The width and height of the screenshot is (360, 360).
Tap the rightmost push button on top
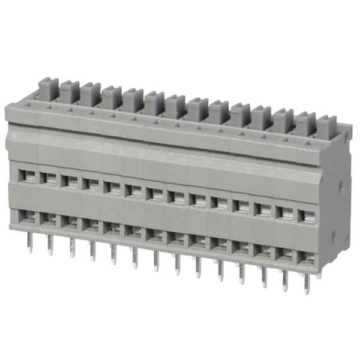click(326, 127)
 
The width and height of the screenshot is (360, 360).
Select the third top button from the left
click(91, 95)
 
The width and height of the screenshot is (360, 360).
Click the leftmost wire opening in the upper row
click(27, 175)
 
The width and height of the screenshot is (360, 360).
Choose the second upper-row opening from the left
click(49, 178)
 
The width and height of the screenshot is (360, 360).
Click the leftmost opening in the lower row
click(27, 217)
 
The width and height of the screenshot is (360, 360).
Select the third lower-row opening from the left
click(70, 223)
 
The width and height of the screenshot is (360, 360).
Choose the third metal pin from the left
click(72, 248)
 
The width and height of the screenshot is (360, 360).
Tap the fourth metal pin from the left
click(92, 251)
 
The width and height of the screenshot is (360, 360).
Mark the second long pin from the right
click(285, 280)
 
